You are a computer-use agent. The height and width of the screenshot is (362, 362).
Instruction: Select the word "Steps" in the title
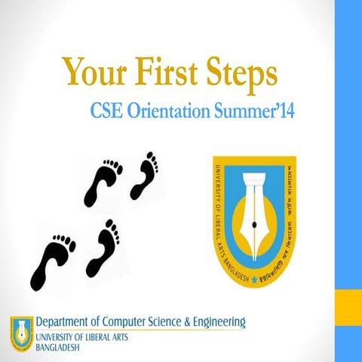238,72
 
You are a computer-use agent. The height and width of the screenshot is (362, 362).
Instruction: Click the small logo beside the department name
21,333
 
